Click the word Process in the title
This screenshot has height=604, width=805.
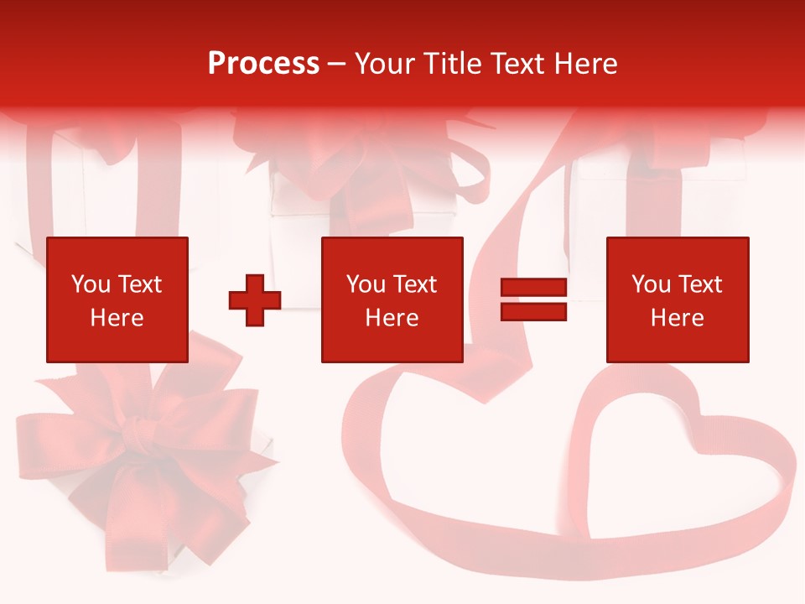tap(263, 63)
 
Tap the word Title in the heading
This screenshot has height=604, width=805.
tap(449, 63)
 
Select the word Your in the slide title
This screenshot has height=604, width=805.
tap(384, 63)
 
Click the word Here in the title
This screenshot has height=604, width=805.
tap(584, 63)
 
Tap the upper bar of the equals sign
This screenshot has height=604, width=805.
tap(534, 289)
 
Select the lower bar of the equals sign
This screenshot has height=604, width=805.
tap(534, 312)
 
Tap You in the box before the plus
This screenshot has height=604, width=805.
tap(91, 284)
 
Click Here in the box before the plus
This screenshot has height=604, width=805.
tap(117, 318)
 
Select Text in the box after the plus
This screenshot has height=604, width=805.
tap(414, 284)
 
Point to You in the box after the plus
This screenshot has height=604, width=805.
tap(366, 284)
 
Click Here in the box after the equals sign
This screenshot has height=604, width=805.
tap(678, 318)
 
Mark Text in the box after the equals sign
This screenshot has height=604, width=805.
tap(699, 284)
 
